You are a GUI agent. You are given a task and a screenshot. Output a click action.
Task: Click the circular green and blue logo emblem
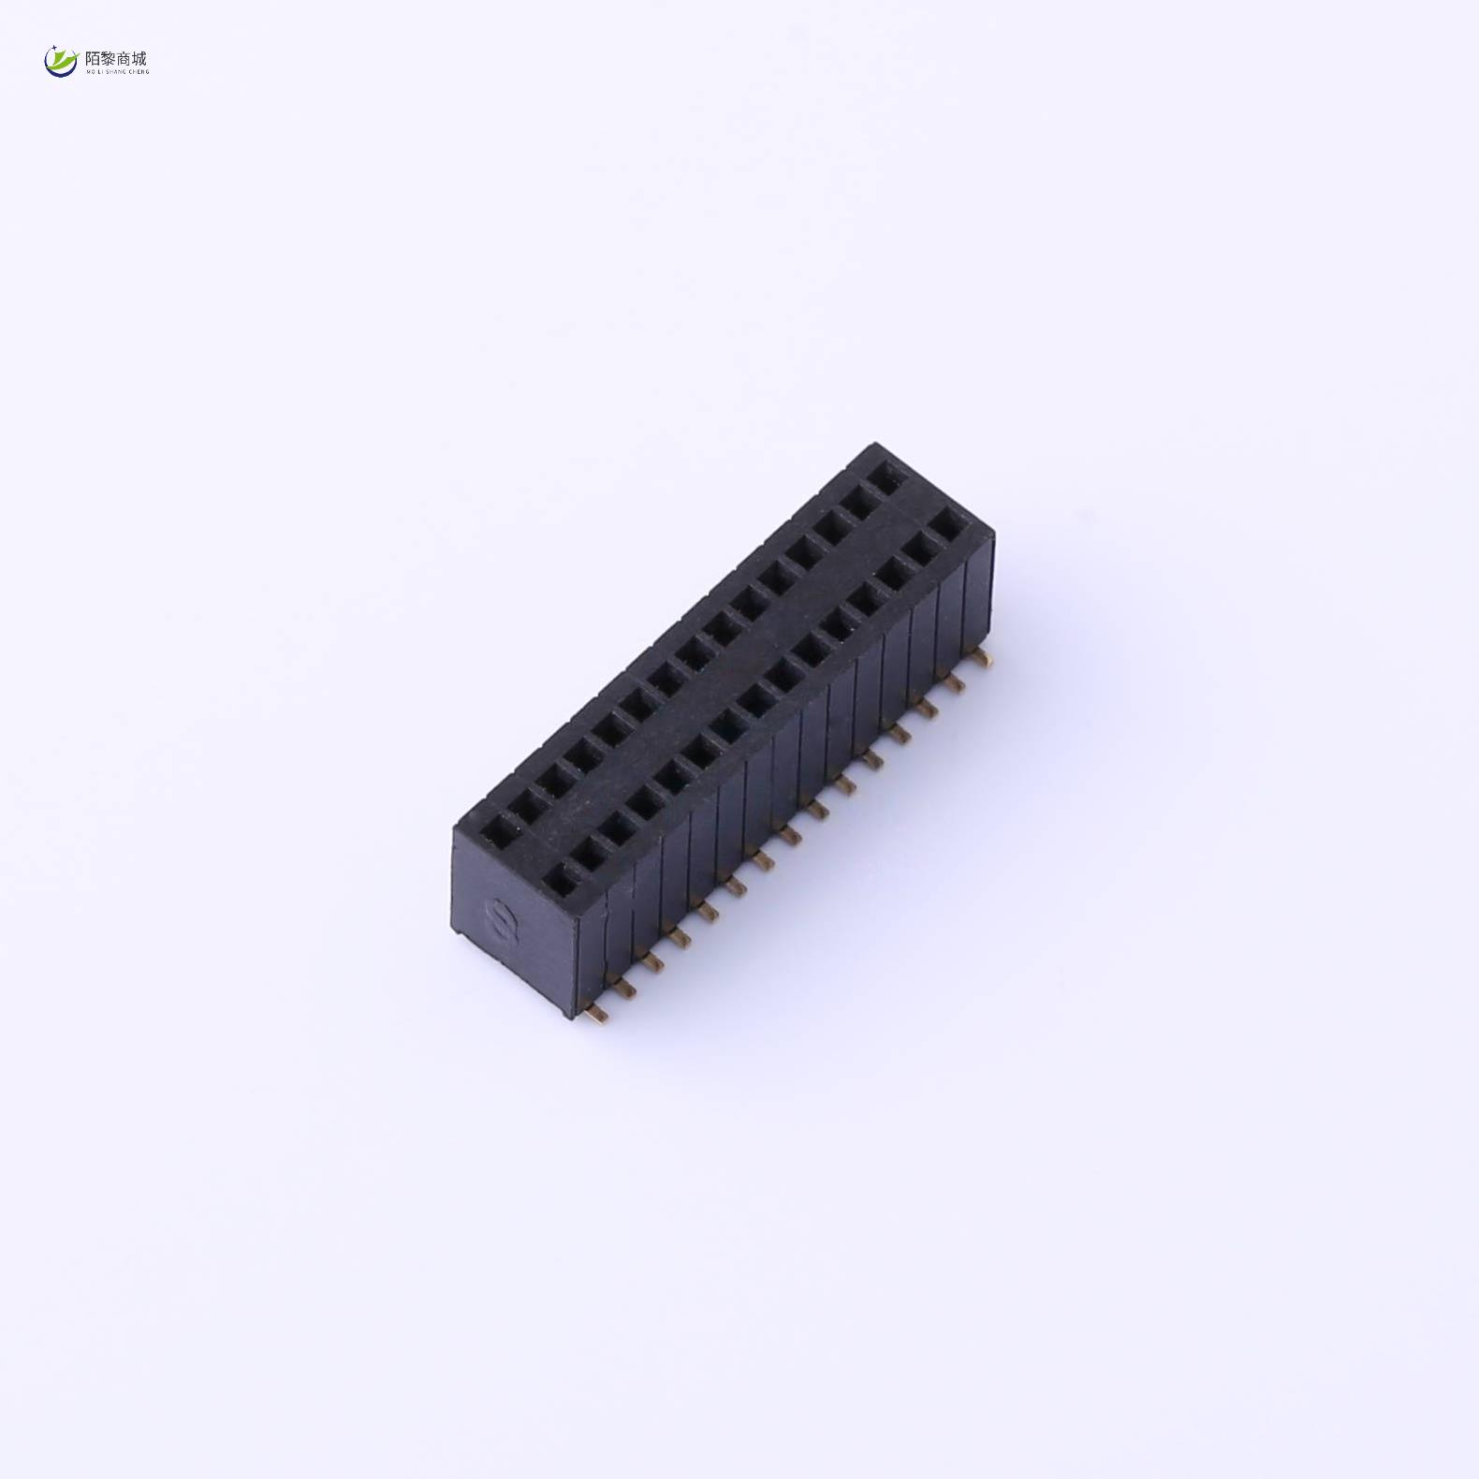(x=61, y=61)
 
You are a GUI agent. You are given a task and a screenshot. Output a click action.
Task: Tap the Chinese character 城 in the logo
(x=139, y=59)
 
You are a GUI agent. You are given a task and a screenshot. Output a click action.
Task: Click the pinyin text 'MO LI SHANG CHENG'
(x=117, y=71)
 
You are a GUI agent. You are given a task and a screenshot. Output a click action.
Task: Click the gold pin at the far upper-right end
(x=981, y=661)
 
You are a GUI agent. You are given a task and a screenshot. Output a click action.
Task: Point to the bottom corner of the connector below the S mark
(x=567, y=1015)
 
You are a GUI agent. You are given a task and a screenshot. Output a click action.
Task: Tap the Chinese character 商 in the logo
(x=124, y=59)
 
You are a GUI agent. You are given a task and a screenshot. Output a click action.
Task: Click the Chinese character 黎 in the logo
(x=109, y=59)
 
